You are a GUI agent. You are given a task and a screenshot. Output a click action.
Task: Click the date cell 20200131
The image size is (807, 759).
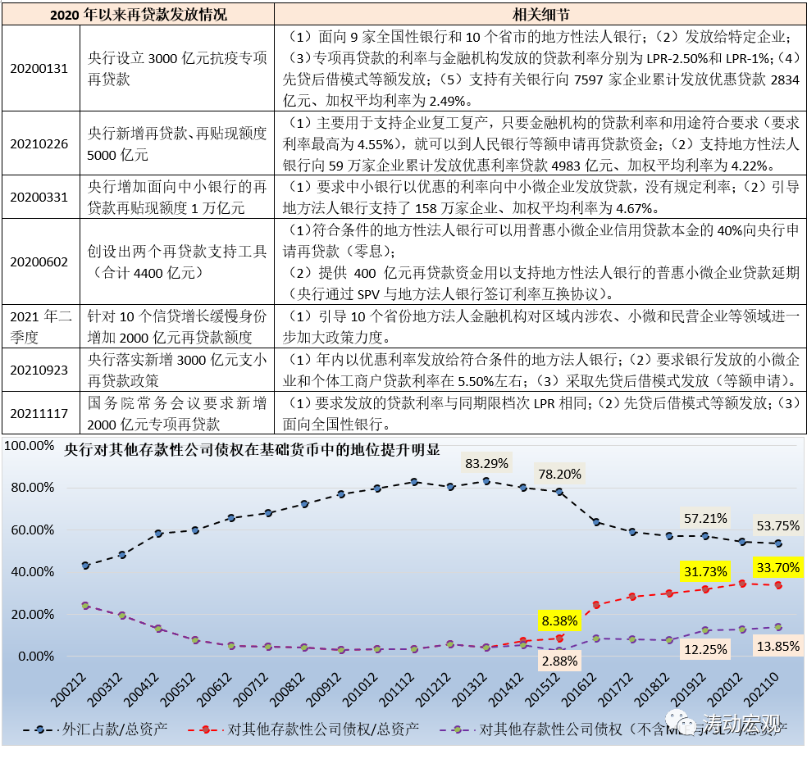click(39, 69)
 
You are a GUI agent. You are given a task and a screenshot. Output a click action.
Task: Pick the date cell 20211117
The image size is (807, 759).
click(39, 414)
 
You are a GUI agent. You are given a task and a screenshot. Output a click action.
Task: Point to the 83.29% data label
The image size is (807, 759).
click(486, 463)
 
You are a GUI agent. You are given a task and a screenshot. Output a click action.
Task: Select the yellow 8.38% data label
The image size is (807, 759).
click(559, 620)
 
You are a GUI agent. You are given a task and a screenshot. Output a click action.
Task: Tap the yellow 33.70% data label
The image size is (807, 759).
click(777, 567)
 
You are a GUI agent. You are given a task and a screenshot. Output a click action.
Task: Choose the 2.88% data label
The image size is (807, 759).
click(559, 660)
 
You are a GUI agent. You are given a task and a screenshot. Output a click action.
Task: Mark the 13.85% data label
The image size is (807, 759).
click(777, 647)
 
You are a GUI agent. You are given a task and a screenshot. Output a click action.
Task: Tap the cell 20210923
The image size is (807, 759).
click(39, 369)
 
